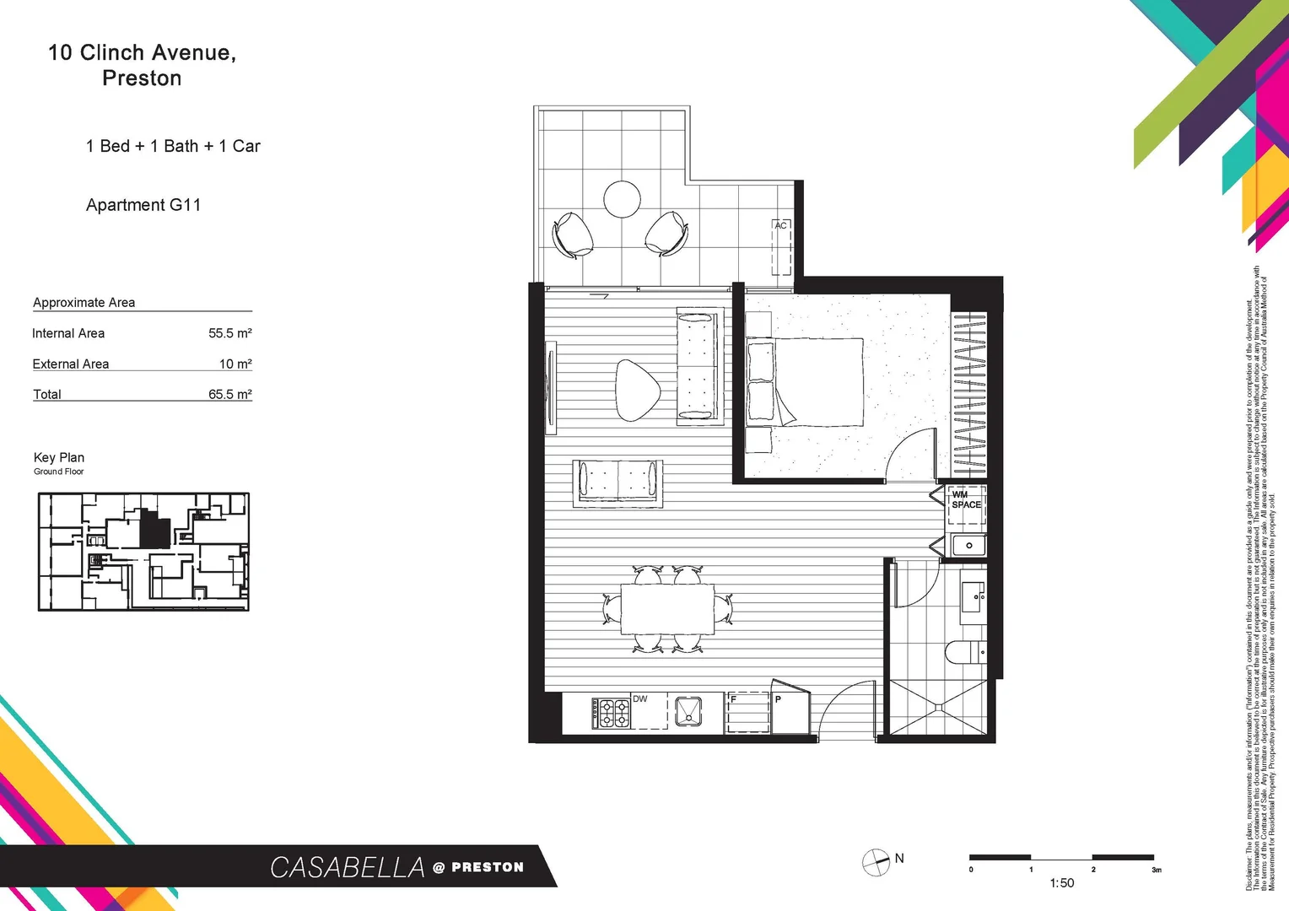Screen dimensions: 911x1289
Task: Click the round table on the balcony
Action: (x=623, y=200)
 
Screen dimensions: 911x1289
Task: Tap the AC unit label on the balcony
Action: (x=780, y=225)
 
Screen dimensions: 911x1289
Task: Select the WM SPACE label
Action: (x=966, y=500)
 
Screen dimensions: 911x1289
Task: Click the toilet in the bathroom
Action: (x=963, y=652)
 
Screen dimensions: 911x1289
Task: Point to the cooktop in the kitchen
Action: (x=611, y=714)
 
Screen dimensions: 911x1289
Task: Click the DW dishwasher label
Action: (x=640, y=699)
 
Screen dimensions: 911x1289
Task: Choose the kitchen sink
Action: (x=688, y=711)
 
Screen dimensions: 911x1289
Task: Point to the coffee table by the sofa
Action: (x=637, y=390)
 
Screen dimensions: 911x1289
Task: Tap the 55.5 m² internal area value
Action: (x=230, y=333)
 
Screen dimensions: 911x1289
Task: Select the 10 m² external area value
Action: (x=235, y=364)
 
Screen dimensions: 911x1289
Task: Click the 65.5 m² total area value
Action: (x=230, y=394)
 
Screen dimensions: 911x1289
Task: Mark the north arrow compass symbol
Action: (x=876, y=862)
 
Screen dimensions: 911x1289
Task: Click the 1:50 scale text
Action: (x=1062, y=883)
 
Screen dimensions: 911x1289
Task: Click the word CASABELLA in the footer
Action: (x=348, y=867)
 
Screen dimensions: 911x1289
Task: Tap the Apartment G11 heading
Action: (x=143, y=205)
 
